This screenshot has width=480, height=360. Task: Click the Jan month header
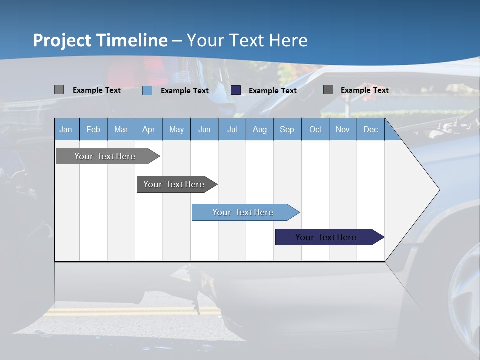[x=66, y=129]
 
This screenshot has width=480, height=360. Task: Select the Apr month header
[x=148, y=129]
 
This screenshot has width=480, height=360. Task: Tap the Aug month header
[x=259, y=129]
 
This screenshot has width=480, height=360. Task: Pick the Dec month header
[x=370, y=129]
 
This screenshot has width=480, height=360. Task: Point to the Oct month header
[x=315, y=129]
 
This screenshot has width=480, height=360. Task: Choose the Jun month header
[x=204, y=129]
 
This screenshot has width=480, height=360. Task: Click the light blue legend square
[x=147, y=90]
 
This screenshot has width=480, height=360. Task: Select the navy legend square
[x=236, y=90]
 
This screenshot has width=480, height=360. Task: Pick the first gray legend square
[x=59, y=90]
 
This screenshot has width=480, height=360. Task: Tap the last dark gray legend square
[x=328, y=89]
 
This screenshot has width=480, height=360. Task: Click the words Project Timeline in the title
[x=100, y=40]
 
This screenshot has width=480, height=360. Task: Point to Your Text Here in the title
[x=247, y=40]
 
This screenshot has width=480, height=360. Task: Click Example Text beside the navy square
[x=272, y=91]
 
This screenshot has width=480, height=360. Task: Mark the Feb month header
[x=93, y=129]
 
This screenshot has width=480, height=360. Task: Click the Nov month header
[x=343, y=129]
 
